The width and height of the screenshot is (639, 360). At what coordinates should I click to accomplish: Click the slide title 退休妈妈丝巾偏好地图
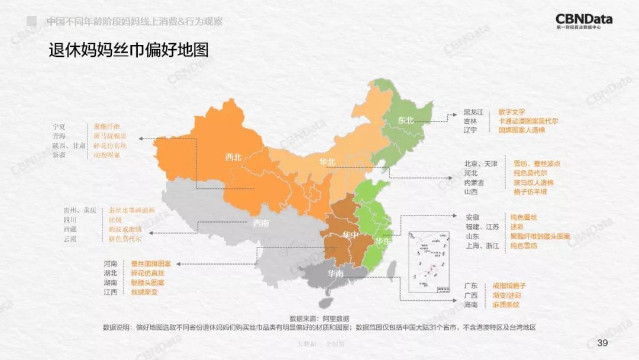[x=128, y=50]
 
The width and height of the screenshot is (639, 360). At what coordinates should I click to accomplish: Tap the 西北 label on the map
[x=234, y=157]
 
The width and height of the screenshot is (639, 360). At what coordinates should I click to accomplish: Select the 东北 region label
[x=406, y=120]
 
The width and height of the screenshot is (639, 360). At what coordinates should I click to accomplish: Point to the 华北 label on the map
[x=327, y=162]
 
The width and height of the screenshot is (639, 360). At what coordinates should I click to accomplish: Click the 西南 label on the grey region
[x=261, y=223]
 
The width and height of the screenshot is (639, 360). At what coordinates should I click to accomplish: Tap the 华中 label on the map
[x=350, y=235]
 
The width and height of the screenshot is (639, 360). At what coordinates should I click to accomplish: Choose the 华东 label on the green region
[x=383, y=241]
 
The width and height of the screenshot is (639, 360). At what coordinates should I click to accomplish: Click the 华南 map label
[x=335, y=274]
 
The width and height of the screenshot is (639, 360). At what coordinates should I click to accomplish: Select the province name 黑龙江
[x=473, y=112]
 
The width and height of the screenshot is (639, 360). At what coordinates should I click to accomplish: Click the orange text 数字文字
[x=512, y=112]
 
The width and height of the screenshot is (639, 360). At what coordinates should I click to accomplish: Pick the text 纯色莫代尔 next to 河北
[x=530, y=173]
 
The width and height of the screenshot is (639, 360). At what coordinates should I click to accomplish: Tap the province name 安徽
[x=473, y=217]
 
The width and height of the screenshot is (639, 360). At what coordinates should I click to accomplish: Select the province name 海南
[x=471, y=304]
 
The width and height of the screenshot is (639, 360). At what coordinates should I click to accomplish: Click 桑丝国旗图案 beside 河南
[x=151, y=263]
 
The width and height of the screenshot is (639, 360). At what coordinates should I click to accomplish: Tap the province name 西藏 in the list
[x=70, y=229]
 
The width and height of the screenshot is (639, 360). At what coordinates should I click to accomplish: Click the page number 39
[x=603, y=343]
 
